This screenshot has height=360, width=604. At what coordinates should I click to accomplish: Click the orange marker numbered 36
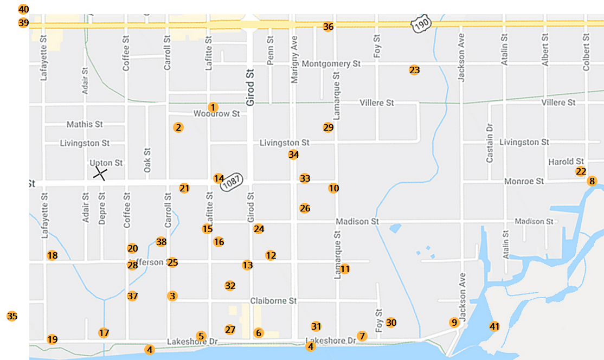328,27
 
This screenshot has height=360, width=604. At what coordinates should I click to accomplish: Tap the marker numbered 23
414,70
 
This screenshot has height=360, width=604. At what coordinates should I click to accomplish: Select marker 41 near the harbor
494,326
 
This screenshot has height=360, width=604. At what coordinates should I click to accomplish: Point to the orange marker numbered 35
12,316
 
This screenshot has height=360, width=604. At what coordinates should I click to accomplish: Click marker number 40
23,9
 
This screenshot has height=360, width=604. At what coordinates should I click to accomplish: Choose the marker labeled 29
328,127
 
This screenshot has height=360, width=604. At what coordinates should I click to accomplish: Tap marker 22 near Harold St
581,171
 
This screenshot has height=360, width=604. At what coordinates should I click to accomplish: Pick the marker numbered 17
104,333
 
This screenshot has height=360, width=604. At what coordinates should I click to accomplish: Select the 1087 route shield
237,179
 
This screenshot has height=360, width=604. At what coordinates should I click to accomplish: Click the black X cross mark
100,173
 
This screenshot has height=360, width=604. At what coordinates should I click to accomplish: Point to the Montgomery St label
331,64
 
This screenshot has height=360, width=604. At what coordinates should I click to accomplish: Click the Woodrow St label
217,114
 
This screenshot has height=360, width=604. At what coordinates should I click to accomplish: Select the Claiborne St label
273,300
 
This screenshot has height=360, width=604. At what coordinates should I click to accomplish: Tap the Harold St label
566,162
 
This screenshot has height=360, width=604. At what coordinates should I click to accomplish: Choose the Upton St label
106,163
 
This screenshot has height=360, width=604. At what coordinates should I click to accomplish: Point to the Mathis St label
85,124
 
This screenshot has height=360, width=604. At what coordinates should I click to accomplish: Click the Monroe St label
524,181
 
